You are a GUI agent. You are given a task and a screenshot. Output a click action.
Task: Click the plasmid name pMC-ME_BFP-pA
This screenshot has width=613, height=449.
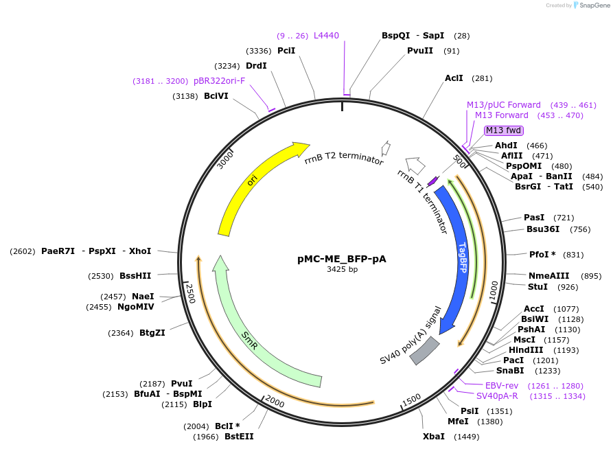tap(341, 259)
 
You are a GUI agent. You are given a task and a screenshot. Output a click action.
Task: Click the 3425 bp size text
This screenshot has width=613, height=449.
tap(341, 270)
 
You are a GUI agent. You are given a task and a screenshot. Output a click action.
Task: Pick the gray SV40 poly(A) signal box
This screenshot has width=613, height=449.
tap(424, 350)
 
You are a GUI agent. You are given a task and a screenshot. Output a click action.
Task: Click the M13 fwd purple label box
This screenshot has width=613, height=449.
tap(504, 130)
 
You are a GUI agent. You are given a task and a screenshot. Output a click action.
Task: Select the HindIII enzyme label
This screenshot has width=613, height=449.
tap(525, 349)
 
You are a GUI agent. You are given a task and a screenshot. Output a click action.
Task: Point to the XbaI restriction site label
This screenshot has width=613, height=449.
tap(434, 437)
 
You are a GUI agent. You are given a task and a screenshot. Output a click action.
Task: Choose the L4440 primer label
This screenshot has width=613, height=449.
tap(326, 35)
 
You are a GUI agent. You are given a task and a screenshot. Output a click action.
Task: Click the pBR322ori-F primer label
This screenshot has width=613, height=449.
tap(219, 80)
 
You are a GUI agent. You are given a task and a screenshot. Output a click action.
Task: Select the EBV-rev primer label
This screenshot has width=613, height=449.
tap(501, 385)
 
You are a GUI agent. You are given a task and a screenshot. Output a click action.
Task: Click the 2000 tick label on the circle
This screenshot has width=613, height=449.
tap(274, 402)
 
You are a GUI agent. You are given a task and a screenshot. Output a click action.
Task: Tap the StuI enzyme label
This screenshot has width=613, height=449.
tap(537, 286)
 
